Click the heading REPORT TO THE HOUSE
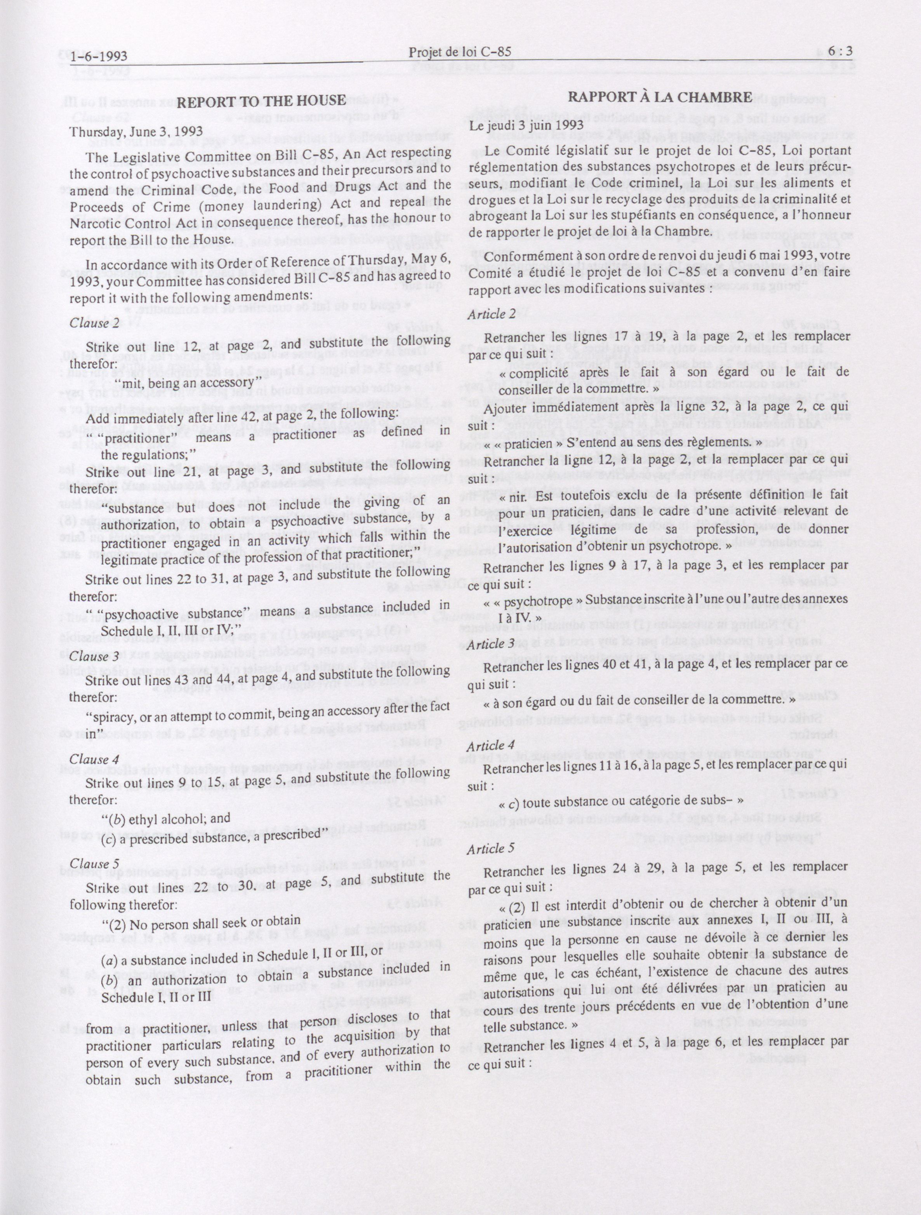pos(261,101)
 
